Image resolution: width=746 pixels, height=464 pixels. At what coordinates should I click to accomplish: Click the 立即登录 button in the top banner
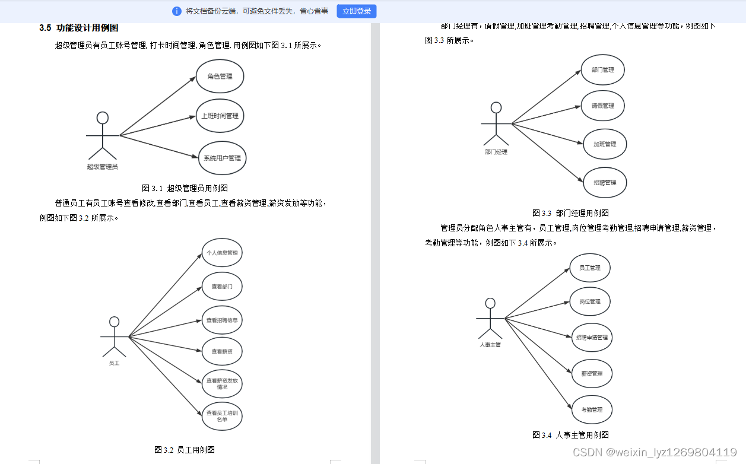tap(356, 11)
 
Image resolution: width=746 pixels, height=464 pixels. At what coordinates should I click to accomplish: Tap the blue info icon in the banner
tap(177, 11)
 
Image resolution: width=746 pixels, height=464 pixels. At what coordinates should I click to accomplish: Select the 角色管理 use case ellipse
tap(220, 77)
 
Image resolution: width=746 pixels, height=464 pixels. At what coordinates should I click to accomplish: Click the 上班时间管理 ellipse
tap(220, 116)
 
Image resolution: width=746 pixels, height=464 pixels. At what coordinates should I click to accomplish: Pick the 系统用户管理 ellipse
tap(222, 158)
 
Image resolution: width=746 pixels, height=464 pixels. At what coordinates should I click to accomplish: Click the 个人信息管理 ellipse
tap(222, 253)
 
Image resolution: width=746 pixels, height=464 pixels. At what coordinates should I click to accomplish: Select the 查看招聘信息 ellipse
tap(222, 320)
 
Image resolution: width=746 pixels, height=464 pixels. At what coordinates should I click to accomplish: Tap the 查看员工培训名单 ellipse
tap(222, 416)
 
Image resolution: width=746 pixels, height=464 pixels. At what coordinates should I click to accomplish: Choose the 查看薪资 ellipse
tap(222, 352)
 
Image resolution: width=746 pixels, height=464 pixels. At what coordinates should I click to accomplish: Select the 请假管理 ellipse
tap(602, 106)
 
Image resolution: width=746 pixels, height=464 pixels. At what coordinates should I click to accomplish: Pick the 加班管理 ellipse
tap(605, 144)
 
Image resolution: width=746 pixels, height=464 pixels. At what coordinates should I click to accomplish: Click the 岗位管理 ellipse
tap(590, 302)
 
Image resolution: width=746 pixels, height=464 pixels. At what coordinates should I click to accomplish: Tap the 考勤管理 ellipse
tap(592, 410)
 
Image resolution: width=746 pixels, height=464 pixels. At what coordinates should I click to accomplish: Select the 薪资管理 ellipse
tap(592, 374)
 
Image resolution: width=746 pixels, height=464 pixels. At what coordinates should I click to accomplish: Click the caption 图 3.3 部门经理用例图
tap(570, 213)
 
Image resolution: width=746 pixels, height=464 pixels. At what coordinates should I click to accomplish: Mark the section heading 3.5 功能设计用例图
tap(79, 28)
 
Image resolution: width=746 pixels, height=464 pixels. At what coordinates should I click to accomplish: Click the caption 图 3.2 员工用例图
tap(185, 450)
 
